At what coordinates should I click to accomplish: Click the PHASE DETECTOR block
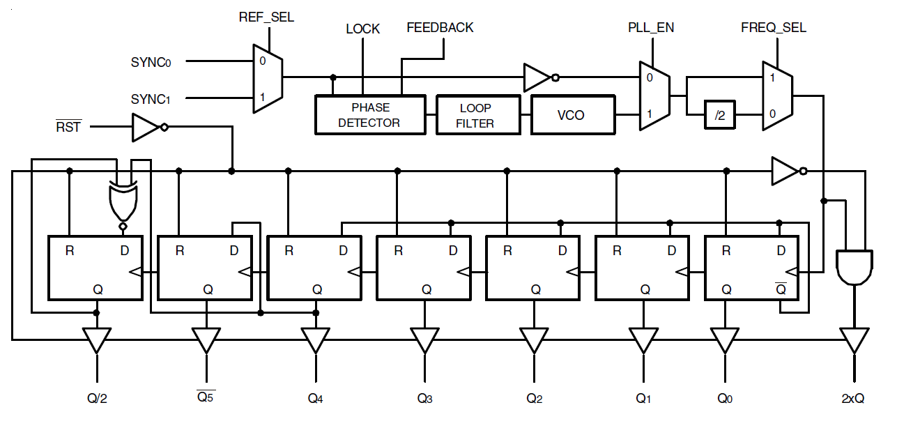(369, 115)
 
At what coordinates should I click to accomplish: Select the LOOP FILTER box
(477, 115)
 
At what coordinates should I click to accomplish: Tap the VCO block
(572, 115)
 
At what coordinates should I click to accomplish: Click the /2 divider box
(720, 116)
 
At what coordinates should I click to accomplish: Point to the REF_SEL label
(266, 17)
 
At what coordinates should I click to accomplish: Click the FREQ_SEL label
(773, 28)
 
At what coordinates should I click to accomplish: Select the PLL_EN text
(651, 28)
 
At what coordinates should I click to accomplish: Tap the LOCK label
(362, 29)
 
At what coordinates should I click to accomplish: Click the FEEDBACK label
(440, 27)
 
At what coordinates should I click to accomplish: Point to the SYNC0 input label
(151, 62)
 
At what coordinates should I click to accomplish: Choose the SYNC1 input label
(151, 100)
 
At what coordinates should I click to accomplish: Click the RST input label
(68, 127)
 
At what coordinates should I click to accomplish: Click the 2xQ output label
(853, 399)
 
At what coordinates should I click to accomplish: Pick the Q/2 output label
(97, 399)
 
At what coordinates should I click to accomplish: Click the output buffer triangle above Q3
(424, 340)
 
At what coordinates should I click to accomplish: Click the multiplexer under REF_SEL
(267, 79)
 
